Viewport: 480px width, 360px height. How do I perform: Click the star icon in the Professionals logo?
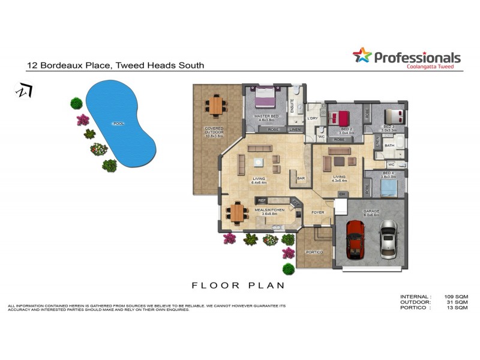click(x=362, y=56)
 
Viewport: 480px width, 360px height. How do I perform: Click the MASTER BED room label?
click(x=266, y=116)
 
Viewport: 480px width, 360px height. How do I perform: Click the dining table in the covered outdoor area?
click(x=215, y=106)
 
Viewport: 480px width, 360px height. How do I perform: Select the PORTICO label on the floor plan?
click(x=314, y=252)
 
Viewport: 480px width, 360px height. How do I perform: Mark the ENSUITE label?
click(x=292, y=103)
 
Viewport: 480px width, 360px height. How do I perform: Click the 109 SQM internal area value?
click(x=457, y=296)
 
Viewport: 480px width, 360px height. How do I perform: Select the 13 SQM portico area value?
click(x=458, y=307)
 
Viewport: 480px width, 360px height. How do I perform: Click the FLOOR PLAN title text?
click(x=238, y=286)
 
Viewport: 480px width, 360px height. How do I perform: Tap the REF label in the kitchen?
click(x=261, y=200)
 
